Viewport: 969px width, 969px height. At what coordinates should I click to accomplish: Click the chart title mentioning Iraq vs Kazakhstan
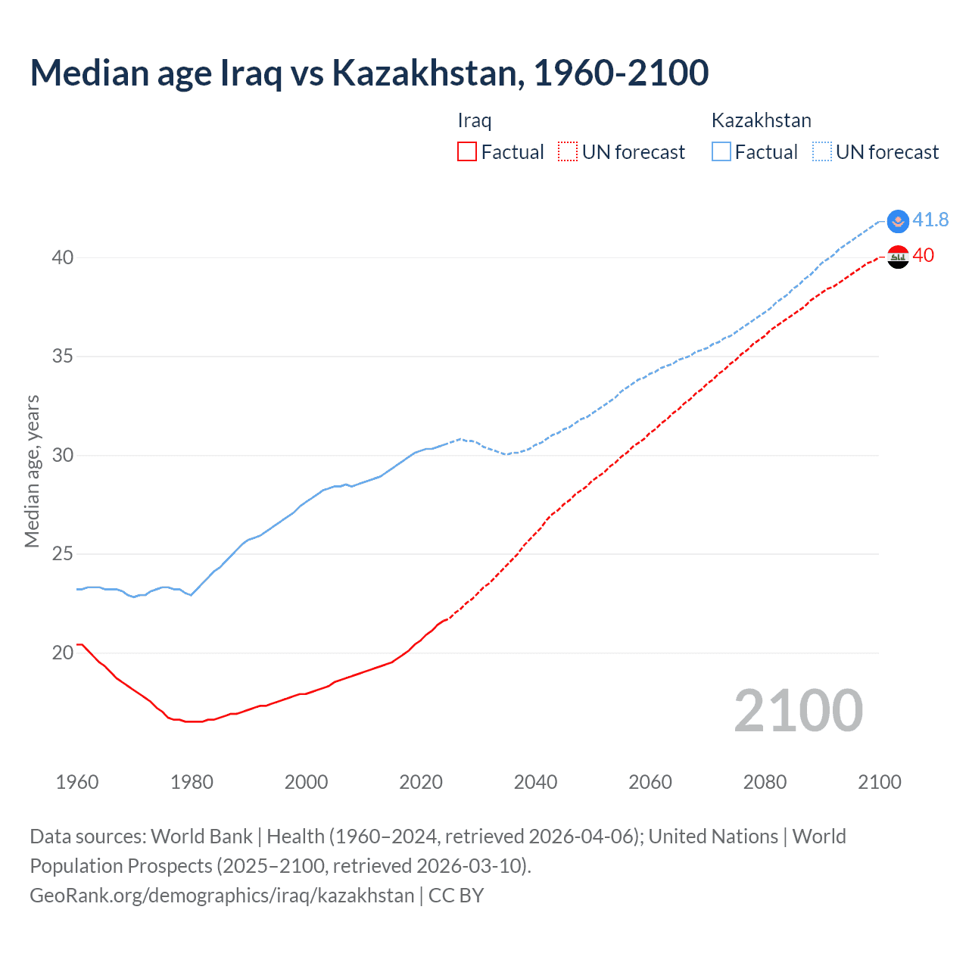(369, 73)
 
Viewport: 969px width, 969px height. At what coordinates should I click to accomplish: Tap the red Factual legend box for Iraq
(467, 152)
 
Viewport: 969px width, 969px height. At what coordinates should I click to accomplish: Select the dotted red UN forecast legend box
(568, 152)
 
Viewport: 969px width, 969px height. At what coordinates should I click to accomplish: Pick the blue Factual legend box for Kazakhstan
(721, 152)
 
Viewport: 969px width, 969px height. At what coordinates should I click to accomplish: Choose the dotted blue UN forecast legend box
(822, 152)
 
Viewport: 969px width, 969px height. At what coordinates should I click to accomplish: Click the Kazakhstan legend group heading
(761, 120)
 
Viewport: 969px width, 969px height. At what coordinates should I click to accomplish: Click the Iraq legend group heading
(475, 120)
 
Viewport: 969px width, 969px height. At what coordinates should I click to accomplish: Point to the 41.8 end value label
(930, 220)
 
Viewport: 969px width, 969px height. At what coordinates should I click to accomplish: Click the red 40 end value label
(923, 255)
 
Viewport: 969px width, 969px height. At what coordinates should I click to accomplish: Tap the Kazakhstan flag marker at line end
(898, 221)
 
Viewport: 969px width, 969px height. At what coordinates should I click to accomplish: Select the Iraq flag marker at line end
(898, 257)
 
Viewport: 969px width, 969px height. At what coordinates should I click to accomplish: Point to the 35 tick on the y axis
(63, 356)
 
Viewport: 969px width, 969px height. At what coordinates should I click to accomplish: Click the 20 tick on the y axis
(63, 653)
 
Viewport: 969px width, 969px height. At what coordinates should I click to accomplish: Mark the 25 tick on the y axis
(63, 554)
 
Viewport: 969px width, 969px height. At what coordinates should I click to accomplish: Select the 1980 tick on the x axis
(192, 782)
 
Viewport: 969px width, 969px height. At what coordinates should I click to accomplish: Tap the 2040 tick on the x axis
(535, 782)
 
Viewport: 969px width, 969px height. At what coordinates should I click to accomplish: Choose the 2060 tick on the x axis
(650, 782)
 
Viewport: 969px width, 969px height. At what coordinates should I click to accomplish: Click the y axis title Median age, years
(32, 471)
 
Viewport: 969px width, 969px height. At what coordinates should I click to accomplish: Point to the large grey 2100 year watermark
(798, 710)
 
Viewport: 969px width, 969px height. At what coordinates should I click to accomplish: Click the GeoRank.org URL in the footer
(222, 896)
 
